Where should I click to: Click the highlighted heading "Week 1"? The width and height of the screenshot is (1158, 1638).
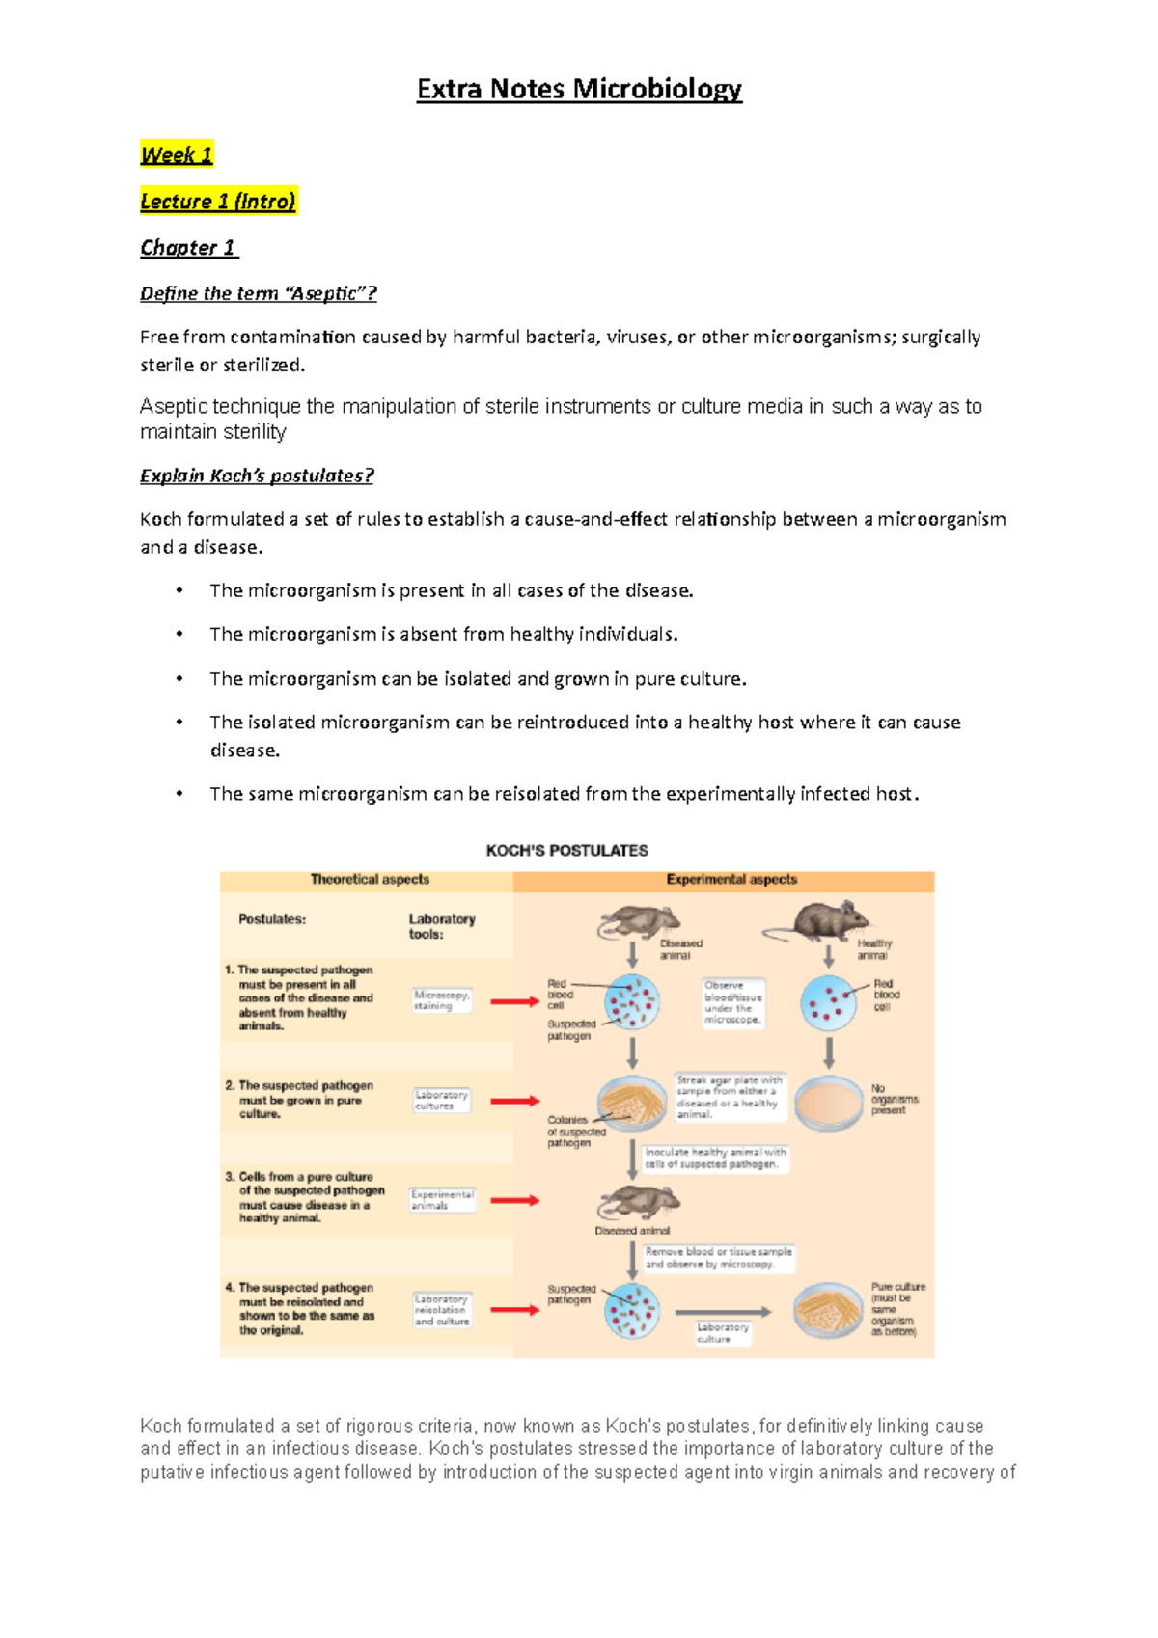[x=176, y=154]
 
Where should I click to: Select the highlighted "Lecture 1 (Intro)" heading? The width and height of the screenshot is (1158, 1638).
[x=217, y=201]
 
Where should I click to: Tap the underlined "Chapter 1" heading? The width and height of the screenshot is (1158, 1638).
[x=188, y=248]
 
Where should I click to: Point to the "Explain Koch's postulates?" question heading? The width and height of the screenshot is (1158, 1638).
[x=257, y=476]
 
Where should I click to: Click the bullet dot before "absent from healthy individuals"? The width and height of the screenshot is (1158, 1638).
[x=179, y=634]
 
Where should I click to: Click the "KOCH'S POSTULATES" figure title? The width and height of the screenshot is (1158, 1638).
[x=566, y=850]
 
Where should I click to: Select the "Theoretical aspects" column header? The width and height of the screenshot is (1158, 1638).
[x=370, y=879]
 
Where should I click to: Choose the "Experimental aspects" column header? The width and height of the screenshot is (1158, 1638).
[x=731, y=879]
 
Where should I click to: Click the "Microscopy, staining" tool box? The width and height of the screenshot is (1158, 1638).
[x=441, y=999]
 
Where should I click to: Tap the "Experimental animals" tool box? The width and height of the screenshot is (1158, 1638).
[x=442, y=1200]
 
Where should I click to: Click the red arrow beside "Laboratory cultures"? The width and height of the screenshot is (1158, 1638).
[x=514, y=1101]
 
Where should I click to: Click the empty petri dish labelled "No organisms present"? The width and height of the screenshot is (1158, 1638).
[x=828, y=1103]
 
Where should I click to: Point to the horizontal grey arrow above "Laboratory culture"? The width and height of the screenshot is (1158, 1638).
[x=723, y=1312]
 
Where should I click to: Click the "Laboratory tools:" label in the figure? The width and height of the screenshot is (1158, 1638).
[x=441, y=926]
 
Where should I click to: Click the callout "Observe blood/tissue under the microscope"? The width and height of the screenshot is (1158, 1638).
[x=732, y=1002]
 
